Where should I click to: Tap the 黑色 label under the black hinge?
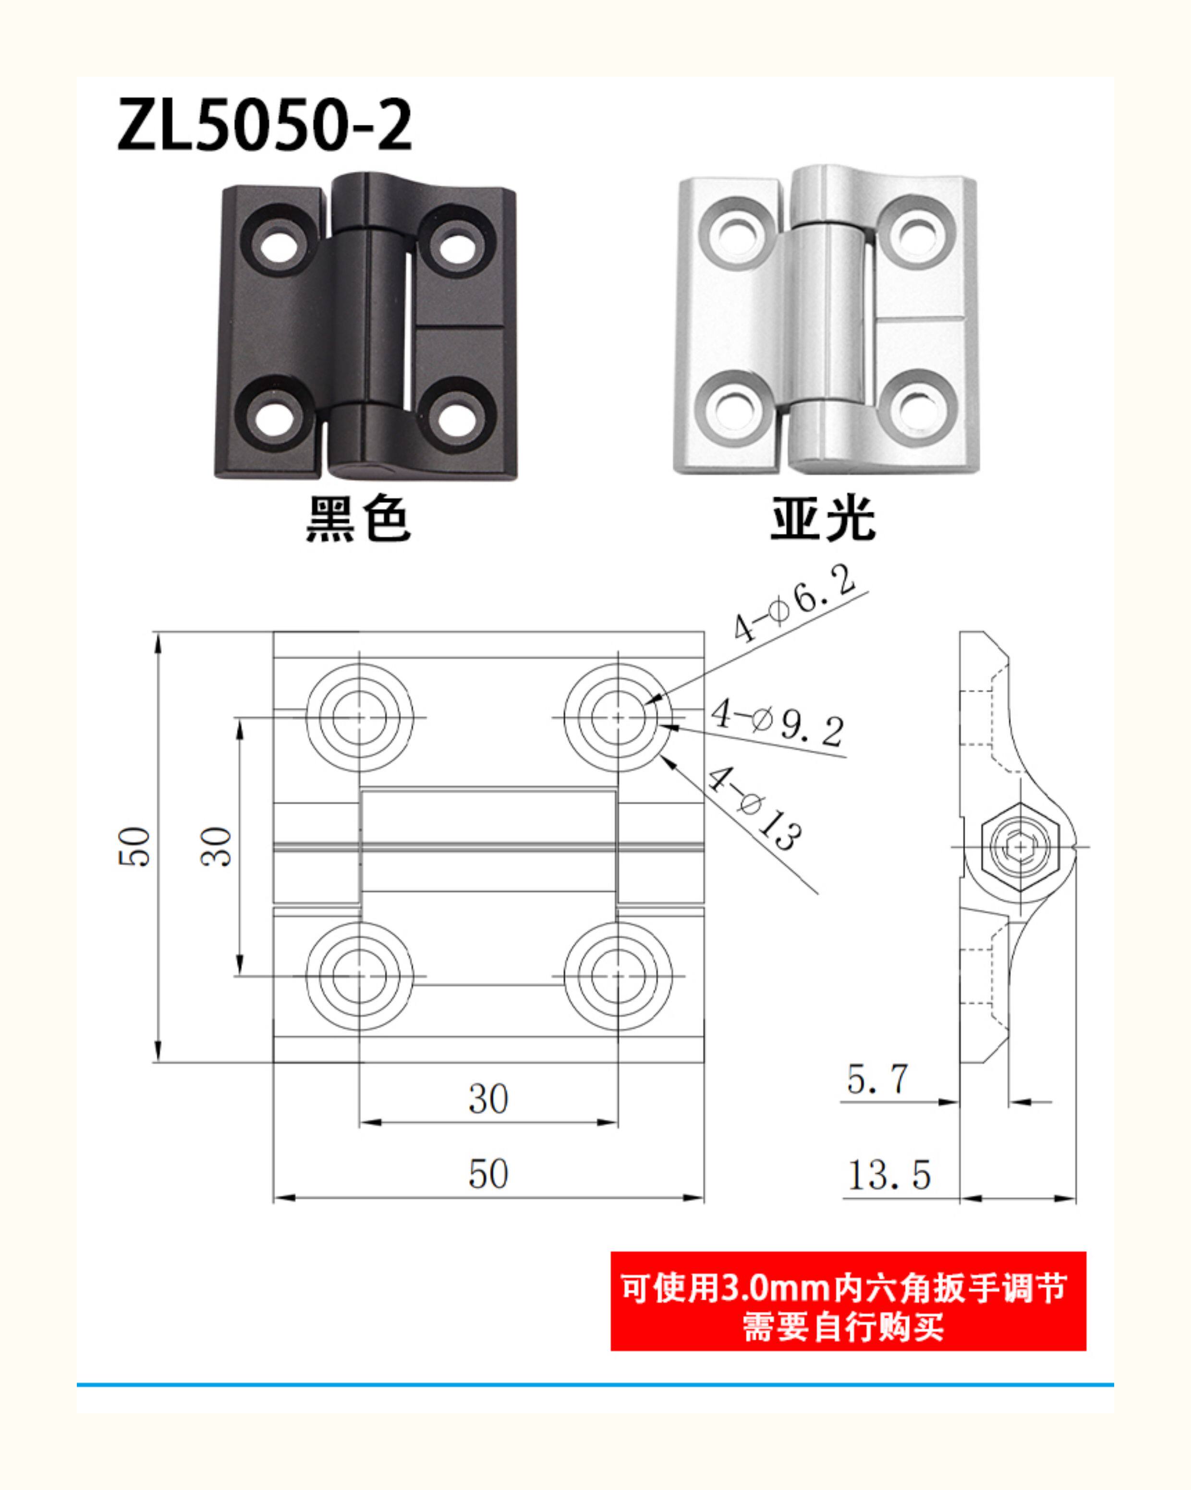pyautogui.click(x=358, y=518)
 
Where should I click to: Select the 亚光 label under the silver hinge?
pyautogui.click(x=823, y=518)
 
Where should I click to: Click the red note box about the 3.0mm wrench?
pyautogui.click(x=848, y=1301)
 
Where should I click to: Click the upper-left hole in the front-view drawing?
pyautogui.click(x=359, y=717)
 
